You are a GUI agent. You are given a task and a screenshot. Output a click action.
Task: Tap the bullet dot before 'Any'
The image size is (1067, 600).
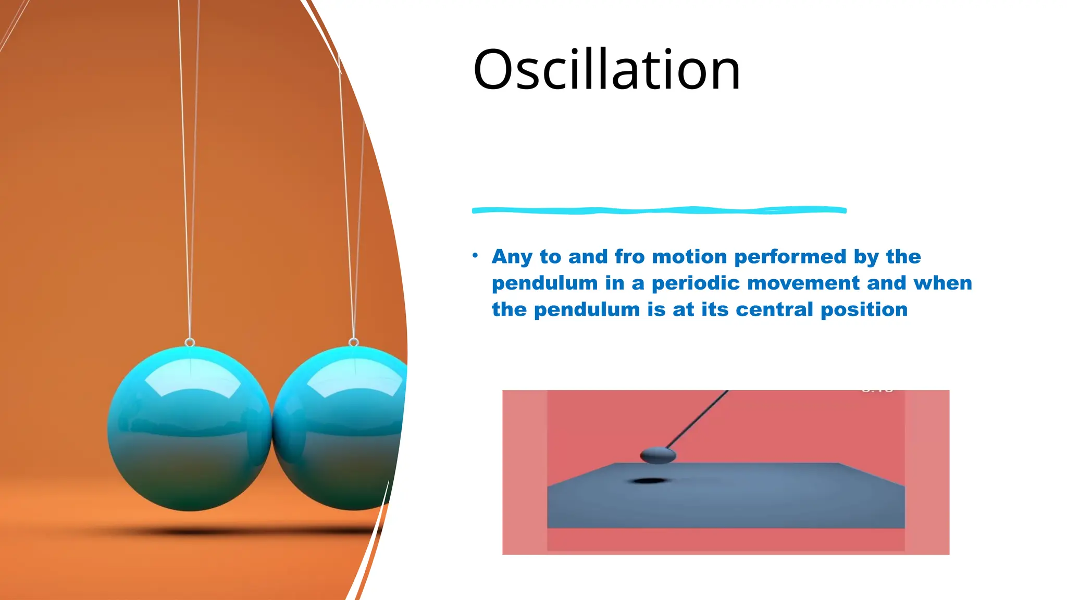475,255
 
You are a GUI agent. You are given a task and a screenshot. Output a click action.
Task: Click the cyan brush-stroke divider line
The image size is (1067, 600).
659,210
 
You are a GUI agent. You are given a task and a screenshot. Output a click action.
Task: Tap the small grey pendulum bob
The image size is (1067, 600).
657,456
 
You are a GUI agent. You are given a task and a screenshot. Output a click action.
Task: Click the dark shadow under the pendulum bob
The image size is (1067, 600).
648,480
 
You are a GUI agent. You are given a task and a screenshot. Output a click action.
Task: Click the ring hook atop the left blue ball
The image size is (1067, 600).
190,342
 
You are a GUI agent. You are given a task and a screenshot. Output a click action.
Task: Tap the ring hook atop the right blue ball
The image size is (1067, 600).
354,342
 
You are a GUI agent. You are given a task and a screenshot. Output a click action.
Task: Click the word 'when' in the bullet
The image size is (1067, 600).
942,283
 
